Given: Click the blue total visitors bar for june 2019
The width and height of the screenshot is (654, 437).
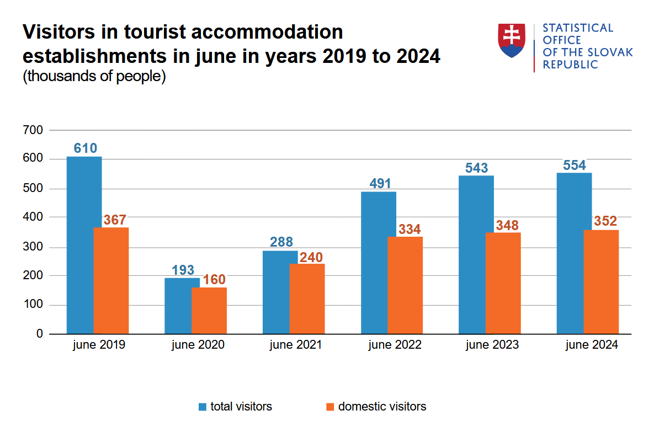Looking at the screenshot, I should [x=84, y=246].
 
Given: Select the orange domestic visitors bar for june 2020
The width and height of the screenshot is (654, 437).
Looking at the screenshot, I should [x=209, y=311].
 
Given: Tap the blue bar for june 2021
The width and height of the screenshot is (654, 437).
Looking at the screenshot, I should [x=280, y=292].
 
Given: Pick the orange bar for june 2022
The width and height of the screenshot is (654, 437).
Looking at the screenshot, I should [x=405, y=285].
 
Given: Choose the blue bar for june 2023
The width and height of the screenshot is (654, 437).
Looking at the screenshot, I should [x=476, y=255].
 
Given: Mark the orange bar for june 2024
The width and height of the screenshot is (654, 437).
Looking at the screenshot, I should [x=601, y=282].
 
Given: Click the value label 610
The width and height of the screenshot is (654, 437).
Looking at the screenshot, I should [x=86, y=148].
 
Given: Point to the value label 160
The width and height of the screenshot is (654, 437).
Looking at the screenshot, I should [x=214, y=280].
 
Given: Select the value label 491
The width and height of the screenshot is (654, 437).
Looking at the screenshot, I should [x=380, y=184].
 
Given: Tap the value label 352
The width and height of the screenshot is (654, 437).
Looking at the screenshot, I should [x=605, y=222].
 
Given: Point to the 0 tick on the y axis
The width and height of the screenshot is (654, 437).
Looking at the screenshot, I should [x=39, y=334].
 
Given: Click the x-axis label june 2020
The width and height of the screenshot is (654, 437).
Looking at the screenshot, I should [x=198, y=345].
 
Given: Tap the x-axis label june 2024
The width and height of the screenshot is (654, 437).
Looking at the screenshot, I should [x=592, y=345].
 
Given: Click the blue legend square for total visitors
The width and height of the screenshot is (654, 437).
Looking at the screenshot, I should [x=203, y=407].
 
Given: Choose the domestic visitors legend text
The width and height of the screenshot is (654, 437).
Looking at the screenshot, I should [x=382, y=407].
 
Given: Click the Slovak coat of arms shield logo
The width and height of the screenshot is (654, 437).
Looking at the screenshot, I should [x=512, y=40].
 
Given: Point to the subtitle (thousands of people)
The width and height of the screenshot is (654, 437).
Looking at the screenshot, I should [x=94, y=76].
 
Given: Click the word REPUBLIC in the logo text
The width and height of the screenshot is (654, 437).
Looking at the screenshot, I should [x=570, y=65].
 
